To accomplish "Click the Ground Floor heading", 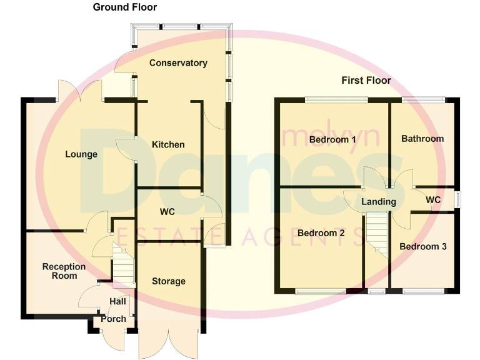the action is tap(125, 7).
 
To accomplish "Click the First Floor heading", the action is tap(366, 81).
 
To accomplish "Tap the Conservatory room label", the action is tap(178, 63).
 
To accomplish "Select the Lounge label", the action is tap(81, 154).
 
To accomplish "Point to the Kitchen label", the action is tap(168, 144).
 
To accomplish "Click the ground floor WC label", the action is tap(167, 212).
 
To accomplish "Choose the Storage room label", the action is tap(169, 281).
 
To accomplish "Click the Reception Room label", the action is tap(64, 271).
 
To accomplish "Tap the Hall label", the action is tap(117, 302).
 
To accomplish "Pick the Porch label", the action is tap(113, 319).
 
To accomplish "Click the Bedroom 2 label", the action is tap(321, 233).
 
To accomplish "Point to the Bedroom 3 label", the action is tap(423, 246).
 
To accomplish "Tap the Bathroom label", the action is tap(422, 139).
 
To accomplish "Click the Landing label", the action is tap(379, 202).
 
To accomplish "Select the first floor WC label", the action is tap(433, 200).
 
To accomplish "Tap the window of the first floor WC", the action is tap(458, 199).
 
